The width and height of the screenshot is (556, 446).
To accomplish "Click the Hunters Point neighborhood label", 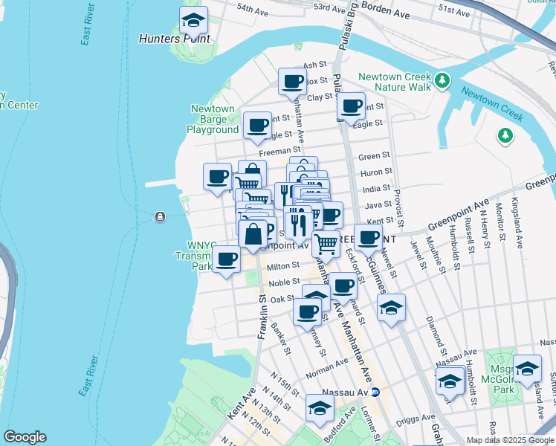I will pos(175,39).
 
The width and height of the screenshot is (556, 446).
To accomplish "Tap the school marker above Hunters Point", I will pos(194,21).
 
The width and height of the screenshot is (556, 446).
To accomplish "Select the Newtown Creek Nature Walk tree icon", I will pos(442,79).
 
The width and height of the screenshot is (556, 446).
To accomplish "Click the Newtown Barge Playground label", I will pos(213,119).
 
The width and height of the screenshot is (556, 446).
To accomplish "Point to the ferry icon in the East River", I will pos(159,217).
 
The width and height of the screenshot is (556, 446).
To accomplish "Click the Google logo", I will pos(25,437).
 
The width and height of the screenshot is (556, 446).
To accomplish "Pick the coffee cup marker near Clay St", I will pos(292,82).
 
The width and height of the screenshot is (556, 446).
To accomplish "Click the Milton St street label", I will pos(282,266).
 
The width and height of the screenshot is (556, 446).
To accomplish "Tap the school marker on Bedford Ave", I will pos(320,408).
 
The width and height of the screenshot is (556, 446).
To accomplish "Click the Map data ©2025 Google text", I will pos(503,439).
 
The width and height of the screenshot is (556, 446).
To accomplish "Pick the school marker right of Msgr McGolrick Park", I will pos(527,369).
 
